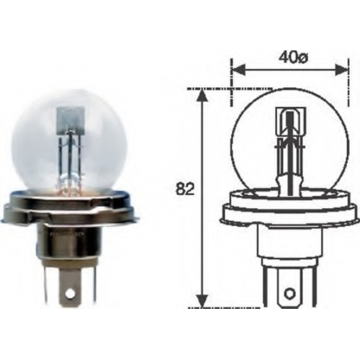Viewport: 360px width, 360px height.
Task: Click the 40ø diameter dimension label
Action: tap(293, 58)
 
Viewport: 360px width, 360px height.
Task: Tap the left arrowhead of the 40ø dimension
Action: tap(238, 70)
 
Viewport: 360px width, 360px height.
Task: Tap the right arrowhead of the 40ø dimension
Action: tap(341, 70)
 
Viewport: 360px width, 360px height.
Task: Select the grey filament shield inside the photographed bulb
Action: tap(71, 120)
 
